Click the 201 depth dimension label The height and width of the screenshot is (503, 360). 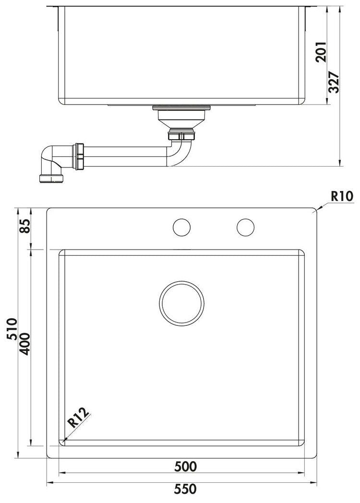click(x=322, y=52)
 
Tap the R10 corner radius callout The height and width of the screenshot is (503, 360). click(x=342, y=196)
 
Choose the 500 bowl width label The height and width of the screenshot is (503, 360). click(x=185, y=466)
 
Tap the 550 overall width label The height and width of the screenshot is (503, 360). click(x=185, y=490)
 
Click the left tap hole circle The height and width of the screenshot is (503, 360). click(x=181, y=227)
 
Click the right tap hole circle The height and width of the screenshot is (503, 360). click(x=245, y=227)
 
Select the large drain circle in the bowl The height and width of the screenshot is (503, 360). click(x=181, y=303)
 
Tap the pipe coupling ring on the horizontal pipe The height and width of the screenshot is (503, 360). click(x=79, y=156)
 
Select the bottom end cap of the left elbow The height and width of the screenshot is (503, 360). click(x=51, y=179)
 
